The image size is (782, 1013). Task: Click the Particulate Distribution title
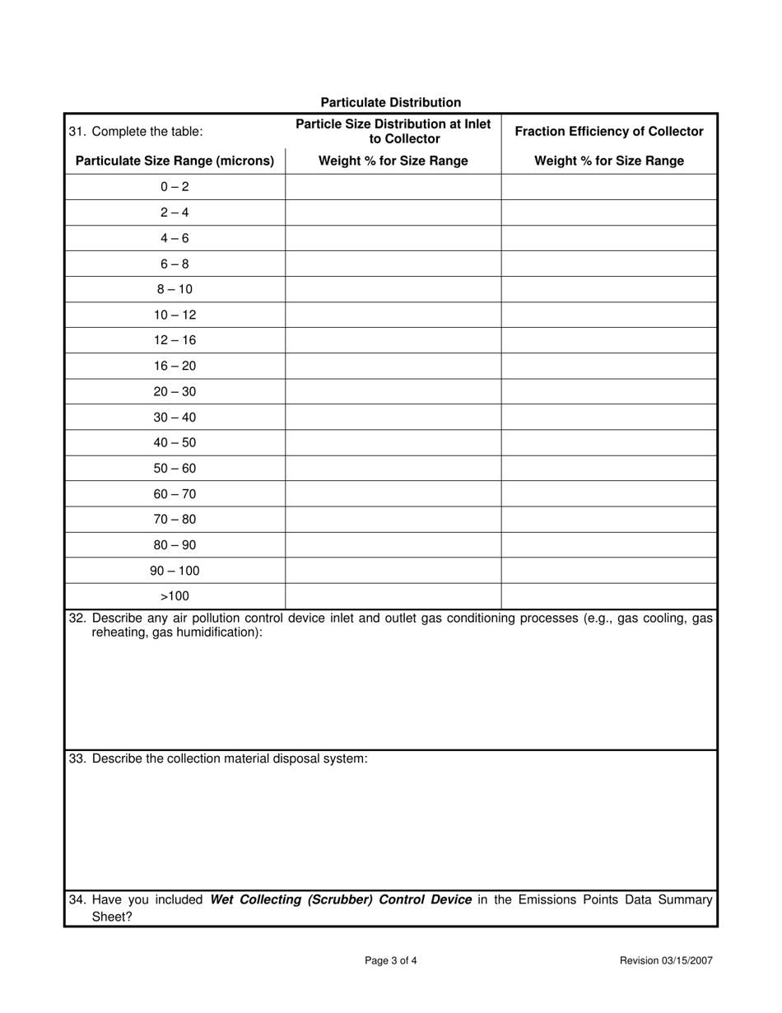click(x=390, y=102)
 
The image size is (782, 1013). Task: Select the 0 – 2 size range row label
click(x=175, y=187)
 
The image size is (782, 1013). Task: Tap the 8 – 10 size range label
click(x=175, y=289)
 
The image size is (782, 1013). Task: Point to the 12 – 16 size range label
click(x=175, y=340)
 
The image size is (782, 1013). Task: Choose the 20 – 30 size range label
click(x=175, y=391)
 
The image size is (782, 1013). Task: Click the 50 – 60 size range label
click(x=175, y=468)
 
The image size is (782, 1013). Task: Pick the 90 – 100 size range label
click(x=175, y=570)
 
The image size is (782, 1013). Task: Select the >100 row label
click(x=175, y=595)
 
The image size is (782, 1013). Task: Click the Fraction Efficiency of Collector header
click(x=609, y=131)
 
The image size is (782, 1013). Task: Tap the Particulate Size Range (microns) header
click(x=175, y=161)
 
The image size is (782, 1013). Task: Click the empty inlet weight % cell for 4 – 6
click(x=393, y=238)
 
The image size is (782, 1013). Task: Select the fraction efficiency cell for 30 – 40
click(x=609, y=417)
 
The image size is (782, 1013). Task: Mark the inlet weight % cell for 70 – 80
click(x=393, y=519)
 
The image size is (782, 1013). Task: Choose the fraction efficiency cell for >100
click(x=609, y=595)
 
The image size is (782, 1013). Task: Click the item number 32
click(x=77, y=618)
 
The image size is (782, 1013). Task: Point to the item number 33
click(x=77, y=759)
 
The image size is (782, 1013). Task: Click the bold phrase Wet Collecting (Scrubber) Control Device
click(x=341, y=899)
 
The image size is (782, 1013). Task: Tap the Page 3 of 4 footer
click(x=391, y=960)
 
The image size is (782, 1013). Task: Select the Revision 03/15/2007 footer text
click(x=666, y=960)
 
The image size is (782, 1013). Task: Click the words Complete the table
click(x=147, y=131)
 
